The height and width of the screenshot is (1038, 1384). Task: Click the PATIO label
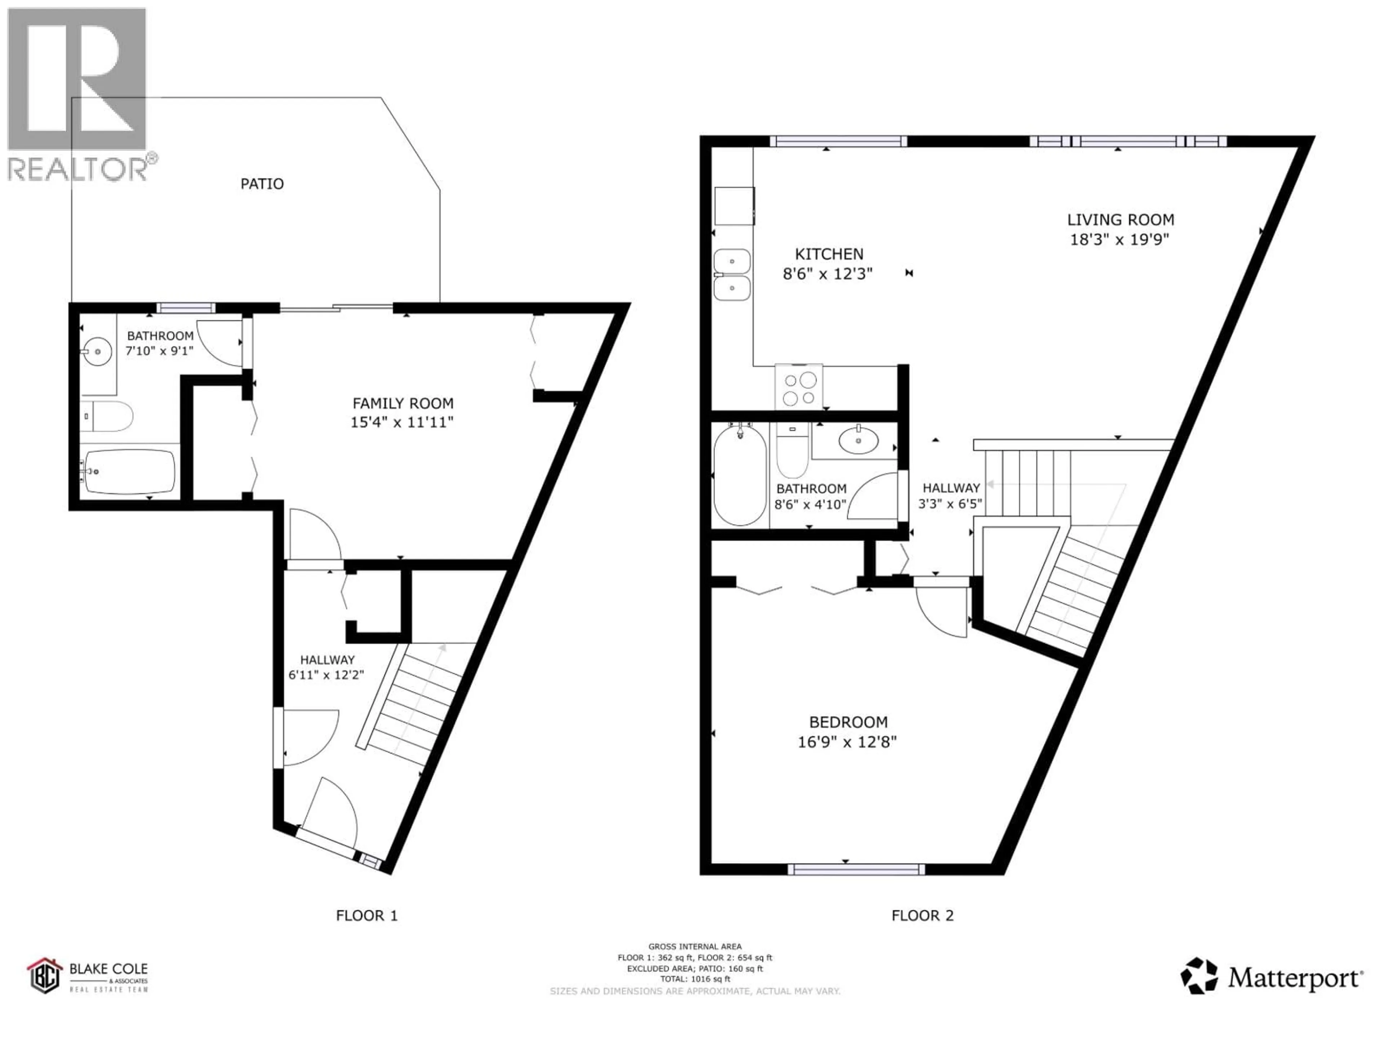pos(262,184)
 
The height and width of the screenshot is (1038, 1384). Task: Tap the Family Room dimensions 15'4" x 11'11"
pos(402,422)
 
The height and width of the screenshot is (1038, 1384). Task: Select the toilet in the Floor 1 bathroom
pos(110,417)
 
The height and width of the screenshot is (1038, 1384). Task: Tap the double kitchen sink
pos(732,274)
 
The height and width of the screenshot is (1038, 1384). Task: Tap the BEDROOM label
pos(848,722)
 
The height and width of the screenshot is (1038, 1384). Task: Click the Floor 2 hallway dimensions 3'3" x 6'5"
pos(950,503)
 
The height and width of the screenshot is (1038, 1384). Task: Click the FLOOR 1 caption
pos(367,916)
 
